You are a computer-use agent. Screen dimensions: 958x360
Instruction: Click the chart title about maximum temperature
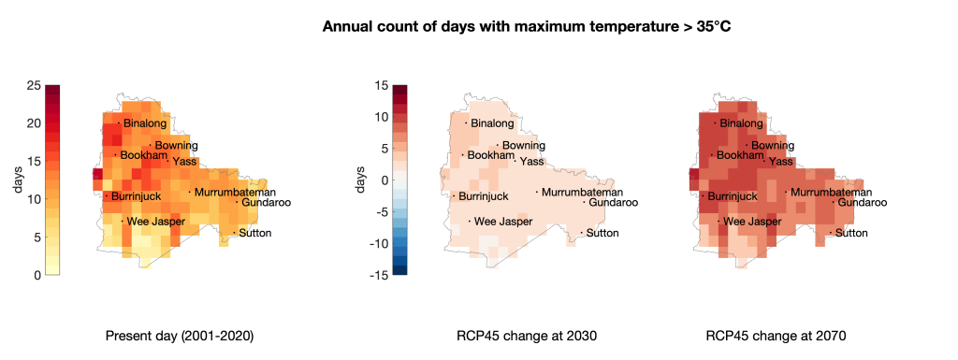point(526,27)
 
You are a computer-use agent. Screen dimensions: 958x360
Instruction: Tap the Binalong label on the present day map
point(145,123)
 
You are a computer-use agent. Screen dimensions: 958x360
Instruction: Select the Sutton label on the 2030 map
point(602,233)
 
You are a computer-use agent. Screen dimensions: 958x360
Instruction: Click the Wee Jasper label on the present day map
point(156,222)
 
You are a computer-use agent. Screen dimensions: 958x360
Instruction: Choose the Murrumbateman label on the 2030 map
point(582,193)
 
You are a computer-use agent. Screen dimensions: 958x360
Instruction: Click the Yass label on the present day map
point(184,162)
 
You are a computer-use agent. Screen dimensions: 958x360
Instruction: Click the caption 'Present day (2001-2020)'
point(181,337)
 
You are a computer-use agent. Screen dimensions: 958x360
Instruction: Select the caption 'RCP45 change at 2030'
point(527,337)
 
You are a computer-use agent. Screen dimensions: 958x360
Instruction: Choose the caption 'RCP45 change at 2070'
point(776,337)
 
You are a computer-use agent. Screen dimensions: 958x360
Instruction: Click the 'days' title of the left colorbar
point(19,180)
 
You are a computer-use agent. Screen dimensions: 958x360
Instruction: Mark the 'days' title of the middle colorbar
point(361,180)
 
